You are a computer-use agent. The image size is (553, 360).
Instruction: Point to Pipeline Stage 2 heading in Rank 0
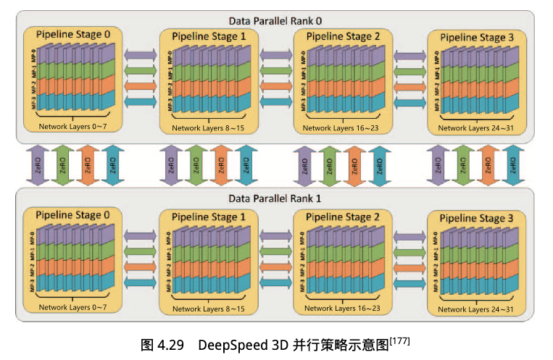342,36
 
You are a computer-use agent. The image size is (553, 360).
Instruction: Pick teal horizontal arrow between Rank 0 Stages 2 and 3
410,101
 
